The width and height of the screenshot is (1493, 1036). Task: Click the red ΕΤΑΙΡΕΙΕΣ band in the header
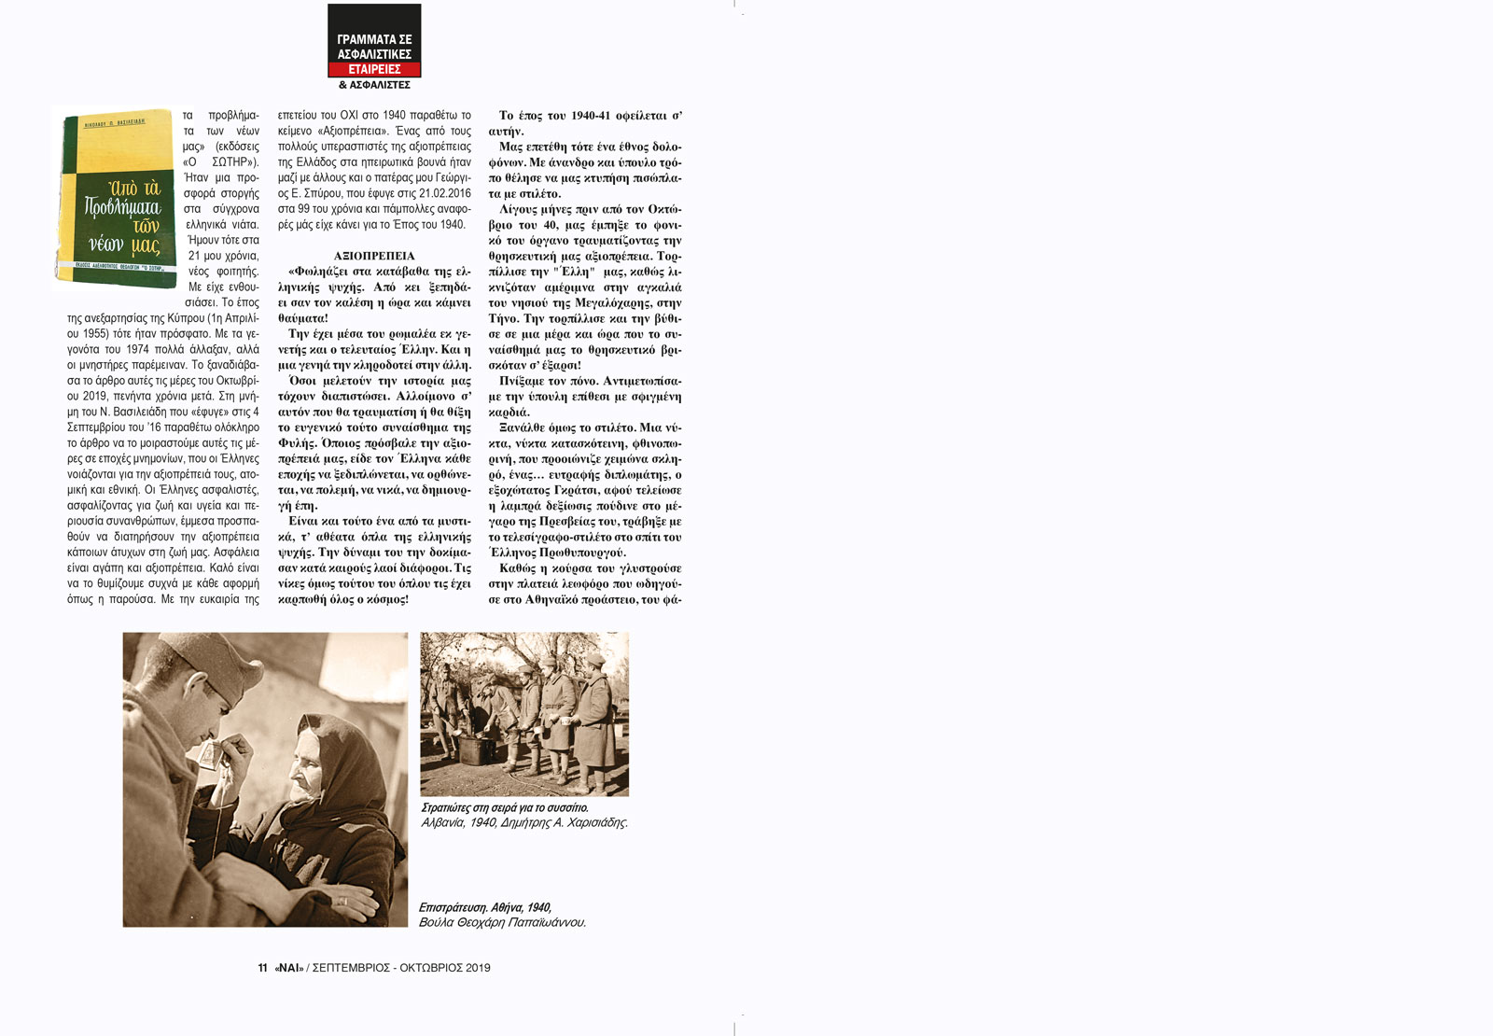(374, 69)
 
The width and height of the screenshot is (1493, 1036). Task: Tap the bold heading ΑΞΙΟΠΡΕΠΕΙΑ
(374, 256)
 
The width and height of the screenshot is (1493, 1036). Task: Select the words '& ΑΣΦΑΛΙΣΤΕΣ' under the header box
(374, 85)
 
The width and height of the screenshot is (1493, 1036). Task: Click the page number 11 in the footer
(263, 968)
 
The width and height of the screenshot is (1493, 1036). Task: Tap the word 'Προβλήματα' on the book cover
(122, 207)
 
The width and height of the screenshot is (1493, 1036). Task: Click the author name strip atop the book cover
(114, 121)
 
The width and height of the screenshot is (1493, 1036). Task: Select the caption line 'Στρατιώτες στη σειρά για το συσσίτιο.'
(505, 807)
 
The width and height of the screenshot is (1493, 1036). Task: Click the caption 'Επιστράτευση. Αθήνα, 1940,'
(485, 907)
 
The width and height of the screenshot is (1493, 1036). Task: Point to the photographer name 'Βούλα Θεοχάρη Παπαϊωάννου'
(502, 922)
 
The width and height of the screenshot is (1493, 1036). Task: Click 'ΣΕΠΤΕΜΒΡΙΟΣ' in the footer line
(351, 968)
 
